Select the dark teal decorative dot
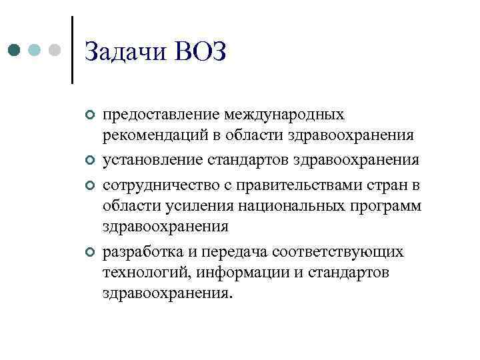pos(15,50)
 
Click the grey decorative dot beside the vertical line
pos(55,50)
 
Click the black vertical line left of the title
pos(72,50)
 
